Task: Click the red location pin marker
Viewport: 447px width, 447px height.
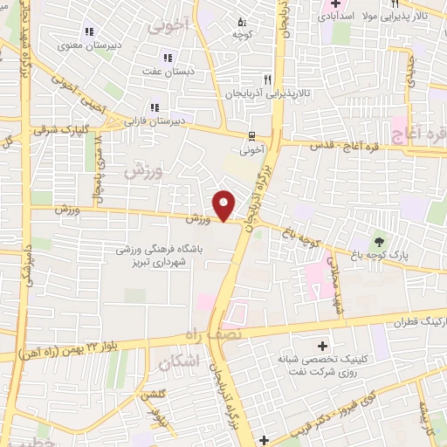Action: [224, 205]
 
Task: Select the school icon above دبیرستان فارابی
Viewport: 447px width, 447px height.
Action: [155, 107]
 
